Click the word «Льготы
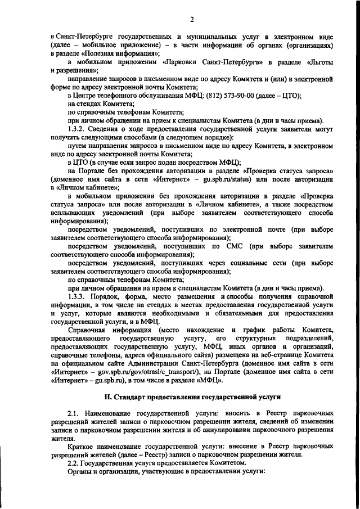point(321,62)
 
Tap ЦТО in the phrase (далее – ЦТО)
point(290,96)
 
